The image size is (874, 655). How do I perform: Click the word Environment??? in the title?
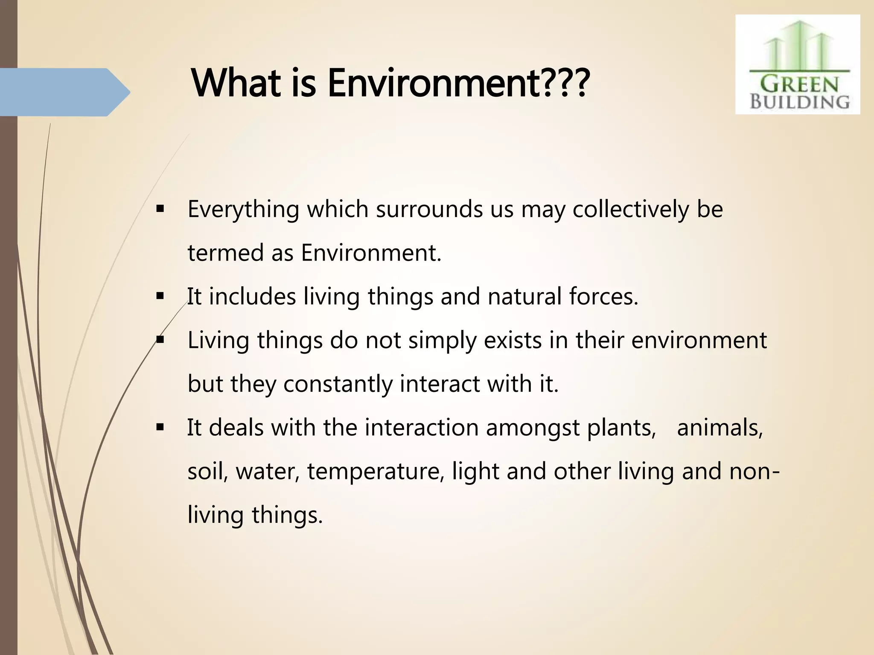click(458, 83)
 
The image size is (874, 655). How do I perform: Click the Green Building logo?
click(797, 64)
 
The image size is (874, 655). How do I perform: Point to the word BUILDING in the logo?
click(800, 102)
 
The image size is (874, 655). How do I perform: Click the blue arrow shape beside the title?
click(64, 92)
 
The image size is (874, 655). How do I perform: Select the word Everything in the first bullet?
click(243, 210)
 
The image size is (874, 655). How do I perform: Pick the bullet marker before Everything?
click(160, 209)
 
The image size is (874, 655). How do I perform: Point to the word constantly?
click(338, 384)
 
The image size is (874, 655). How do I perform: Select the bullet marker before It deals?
click(160, 427)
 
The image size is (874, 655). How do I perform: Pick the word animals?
click(720, 428)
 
